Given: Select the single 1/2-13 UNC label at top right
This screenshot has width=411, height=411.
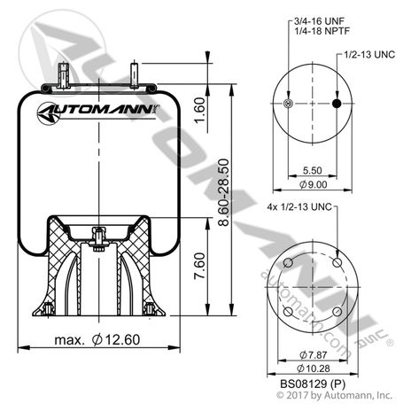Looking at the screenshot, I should click(368, 55).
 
